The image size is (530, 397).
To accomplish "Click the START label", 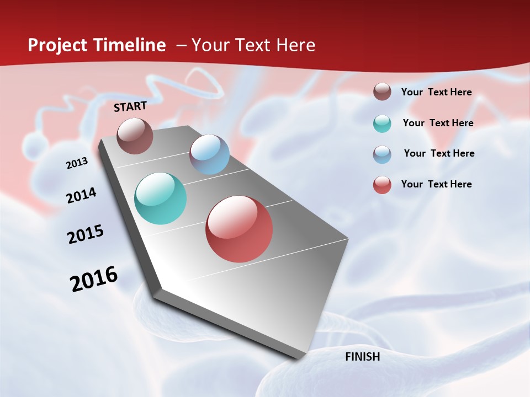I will coord(130,106).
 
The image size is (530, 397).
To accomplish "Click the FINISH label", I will coord(362,357).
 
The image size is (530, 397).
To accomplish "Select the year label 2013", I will coord(77,163).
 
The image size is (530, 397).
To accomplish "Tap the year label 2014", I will coord(81,195).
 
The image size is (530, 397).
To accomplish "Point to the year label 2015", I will coord(86,234).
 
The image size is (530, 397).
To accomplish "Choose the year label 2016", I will coord(94,278).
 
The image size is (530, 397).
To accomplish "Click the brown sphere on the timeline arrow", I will coord(135,136).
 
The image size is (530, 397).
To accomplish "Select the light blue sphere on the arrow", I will coord(209,154).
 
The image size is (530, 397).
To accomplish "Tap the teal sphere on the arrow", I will coord(160,198).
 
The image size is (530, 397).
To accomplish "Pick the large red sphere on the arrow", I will coord(239,229).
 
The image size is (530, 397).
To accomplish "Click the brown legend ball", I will coord(382,92).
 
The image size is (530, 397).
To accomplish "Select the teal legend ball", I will coord(382,124).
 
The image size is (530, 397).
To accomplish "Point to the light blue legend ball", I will coord(382,154).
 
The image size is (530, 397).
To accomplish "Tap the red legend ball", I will coord(382,185).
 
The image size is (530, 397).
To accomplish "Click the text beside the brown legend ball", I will coord(436,93).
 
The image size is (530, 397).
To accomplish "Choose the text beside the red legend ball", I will coord(436,184).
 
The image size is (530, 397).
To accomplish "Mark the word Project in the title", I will coord(58,46).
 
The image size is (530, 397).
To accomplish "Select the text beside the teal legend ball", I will coord(438,123).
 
